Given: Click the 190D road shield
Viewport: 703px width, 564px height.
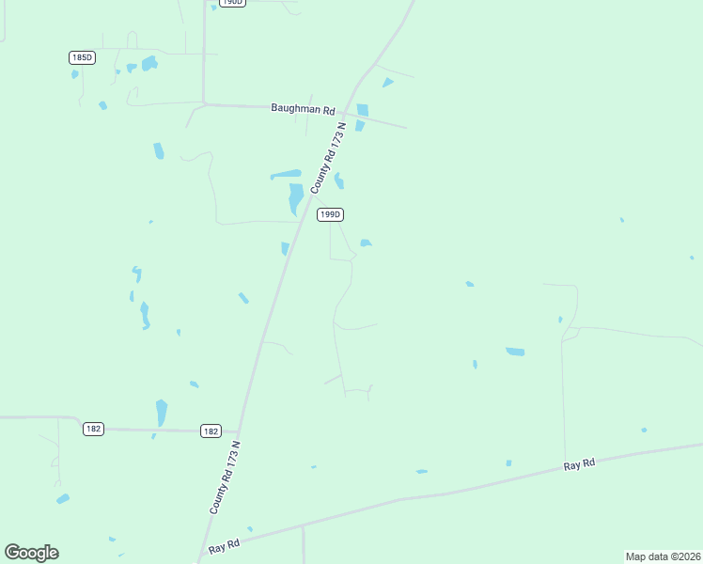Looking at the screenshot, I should [x=231, y=3].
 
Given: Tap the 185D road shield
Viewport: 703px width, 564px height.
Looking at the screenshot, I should [x=82, y=57].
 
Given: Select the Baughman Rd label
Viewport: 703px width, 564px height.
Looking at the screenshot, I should [x=303, y=109].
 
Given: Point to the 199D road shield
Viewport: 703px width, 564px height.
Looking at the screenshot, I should [x=329, y=214].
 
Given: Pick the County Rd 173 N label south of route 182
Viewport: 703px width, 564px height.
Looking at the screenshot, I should [x=226, y=477].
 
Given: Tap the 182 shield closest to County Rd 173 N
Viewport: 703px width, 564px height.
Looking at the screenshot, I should [x=211, y=431].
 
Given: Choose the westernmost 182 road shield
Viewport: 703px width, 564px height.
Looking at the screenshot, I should [x=93, y=429].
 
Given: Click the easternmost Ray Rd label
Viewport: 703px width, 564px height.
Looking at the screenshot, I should [x=580, y=464].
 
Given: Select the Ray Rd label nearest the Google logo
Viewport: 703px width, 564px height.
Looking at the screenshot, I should [x=226, y=545].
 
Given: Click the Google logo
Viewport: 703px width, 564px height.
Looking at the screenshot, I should [x=31, y=553].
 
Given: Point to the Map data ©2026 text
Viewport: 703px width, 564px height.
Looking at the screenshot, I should [x=664, y=556].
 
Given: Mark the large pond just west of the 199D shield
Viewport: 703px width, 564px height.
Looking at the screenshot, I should [x=295, y=198].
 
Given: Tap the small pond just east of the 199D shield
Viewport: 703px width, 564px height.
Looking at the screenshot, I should [x=366, y=243].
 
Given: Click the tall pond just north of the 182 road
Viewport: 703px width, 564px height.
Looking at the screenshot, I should [x=162, y=413].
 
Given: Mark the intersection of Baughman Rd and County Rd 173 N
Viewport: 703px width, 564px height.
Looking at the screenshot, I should [x=349, y=110].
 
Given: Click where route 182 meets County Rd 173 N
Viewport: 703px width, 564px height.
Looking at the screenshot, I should [x=240, y=431].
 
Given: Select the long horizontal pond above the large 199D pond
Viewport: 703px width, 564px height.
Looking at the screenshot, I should [x=286, y=174].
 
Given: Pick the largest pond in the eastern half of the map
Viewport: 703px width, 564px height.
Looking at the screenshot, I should [x=515, y=352].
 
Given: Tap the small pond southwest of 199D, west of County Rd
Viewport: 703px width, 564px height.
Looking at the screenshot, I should [x=285, y=248].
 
